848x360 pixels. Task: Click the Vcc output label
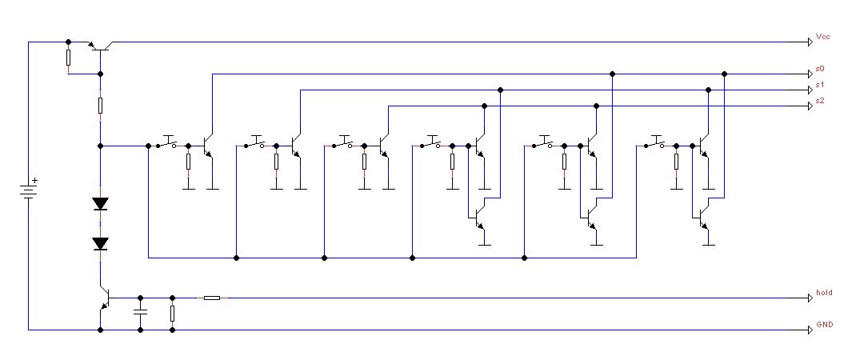(x=823, y=37)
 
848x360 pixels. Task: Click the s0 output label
(x=820, y=70)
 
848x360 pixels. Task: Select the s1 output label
(x=820, y=86)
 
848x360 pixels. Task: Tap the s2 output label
(x=820, y=102)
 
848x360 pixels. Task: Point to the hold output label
(x=824, y=293)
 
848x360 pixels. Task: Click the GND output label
(x=824, y=326)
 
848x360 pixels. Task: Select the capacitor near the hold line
(x=141, y=313)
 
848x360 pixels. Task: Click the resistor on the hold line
(x=212, y=298)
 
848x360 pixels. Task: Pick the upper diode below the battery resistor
(x=100, y=203)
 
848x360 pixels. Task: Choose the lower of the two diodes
(x=100, y=242)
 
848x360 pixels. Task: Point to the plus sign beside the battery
(x=34, y=182)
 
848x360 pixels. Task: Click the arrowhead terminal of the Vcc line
(x=806, y=42)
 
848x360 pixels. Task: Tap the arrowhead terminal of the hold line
(x=806, y=298)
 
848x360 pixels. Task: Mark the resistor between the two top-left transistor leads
(x=69, y=58)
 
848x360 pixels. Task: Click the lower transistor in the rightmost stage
(x=702, y=217)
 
